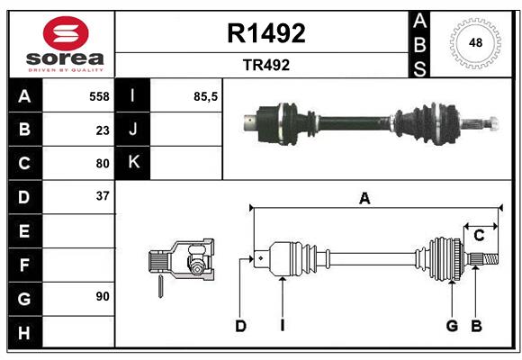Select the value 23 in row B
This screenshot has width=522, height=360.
pos(102,130)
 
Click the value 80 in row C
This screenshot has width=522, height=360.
pos(102,163)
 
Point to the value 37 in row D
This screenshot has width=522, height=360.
pos(102,195)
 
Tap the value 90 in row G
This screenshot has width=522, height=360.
pos(102,296)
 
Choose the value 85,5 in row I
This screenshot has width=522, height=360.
pos(205,96)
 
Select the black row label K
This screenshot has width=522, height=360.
pos(133,163)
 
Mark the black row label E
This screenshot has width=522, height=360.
pos(24,230)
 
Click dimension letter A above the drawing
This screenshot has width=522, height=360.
pos(364,199)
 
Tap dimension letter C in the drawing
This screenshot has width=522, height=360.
pos(479,236)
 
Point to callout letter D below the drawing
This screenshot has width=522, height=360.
pos(240,326)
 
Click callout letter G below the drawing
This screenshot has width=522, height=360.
pos(452,326)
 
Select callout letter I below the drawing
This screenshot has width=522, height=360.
pos(282,326)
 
